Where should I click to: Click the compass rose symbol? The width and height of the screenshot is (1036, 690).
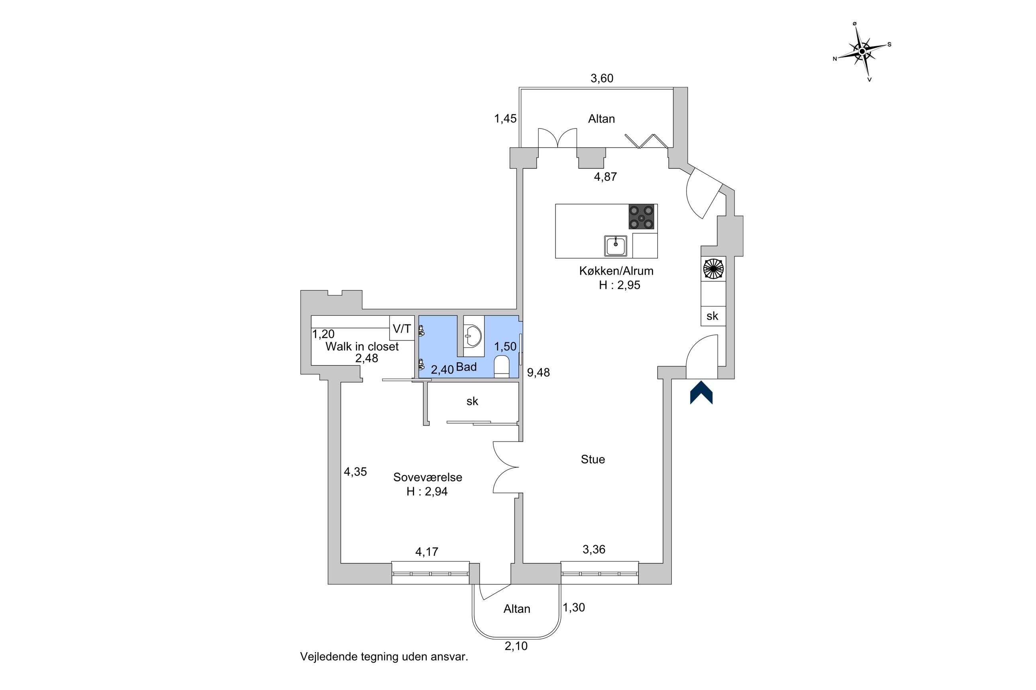click(862, 52)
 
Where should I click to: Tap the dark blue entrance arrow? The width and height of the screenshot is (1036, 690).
click(701, 392)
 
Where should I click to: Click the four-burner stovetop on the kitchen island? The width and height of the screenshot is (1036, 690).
click(641, 217)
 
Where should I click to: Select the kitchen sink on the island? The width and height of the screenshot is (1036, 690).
click(616, 246)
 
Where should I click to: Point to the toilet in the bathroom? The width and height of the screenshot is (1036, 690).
click(502, 367)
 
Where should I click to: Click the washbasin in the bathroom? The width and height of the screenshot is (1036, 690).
click(474, 336)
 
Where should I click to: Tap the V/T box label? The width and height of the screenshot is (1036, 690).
click(402, 329)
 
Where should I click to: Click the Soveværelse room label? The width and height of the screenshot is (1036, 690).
click(428, 477)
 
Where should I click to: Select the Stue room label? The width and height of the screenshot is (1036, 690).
click(593, 459)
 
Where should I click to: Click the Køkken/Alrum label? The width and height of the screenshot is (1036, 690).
click(616, 271)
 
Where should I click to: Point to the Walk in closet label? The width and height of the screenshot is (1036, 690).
click(362, 347)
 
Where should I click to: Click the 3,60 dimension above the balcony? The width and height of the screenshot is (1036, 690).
click(601, 78)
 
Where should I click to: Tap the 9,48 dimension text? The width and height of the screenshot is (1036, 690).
click(538, 373)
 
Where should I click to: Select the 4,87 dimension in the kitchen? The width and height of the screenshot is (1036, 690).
click(605, 177)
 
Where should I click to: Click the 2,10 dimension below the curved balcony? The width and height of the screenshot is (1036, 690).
click(516, 647)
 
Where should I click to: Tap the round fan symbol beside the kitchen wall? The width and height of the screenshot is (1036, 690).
click(713, 269)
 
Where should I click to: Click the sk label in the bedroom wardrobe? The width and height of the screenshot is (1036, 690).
click(472, 401)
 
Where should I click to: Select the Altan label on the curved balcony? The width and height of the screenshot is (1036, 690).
click(517, 609)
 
